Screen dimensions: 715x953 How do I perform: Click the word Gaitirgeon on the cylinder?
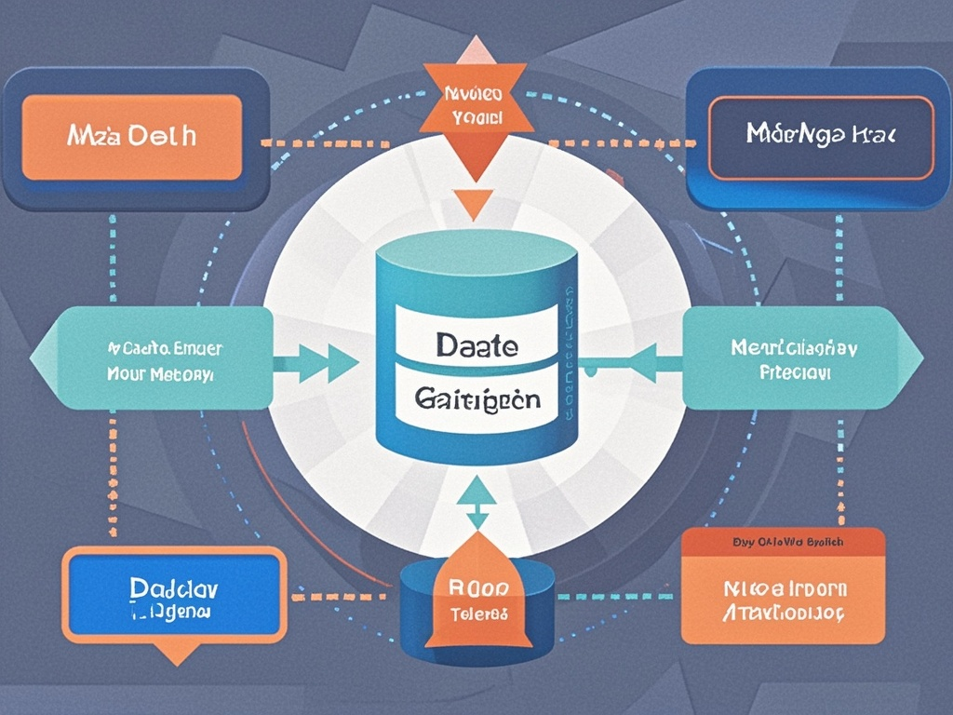[x=476, y=399]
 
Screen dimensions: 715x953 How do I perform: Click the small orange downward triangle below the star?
[x=473, y=203]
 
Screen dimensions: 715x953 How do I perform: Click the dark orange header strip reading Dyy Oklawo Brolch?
[x=782, y=541]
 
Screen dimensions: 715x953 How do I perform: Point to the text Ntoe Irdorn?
[x=785, y=588]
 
